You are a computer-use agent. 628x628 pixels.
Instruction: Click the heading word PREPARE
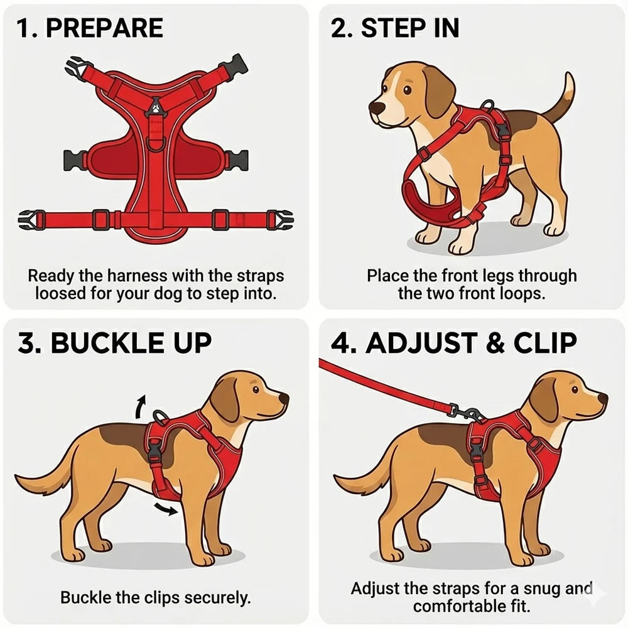click(104, 28)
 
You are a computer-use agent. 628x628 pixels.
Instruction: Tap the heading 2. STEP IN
click(395, 28)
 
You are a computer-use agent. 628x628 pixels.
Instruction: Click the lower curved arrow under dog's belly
click(166, 507)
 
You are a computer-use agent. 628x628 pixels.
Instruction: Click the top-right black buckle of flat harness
click(237, 64)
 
